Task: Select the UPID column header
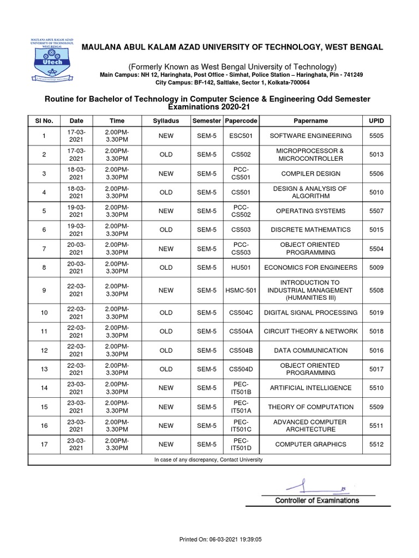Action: [376, 120]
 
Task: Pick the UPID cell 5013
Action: [376, 155]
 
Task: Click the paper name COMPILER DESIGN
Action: [310, 173]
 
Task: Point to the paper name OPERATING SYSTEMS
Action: [310, 211]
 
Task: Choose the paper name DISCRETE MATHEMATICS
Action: [310, 230]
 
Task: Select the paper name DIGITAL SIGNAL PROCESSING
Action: [310, 313]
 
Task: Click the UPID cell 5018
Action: [376, 331]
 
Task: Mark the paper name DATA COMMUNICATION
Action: [310, 350]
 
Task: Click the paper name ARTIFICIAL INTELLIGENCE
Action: [310, 388]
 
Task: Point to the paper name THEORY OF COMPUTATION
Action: [310, 407]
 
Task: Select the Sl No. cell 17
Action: [44, 444]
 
